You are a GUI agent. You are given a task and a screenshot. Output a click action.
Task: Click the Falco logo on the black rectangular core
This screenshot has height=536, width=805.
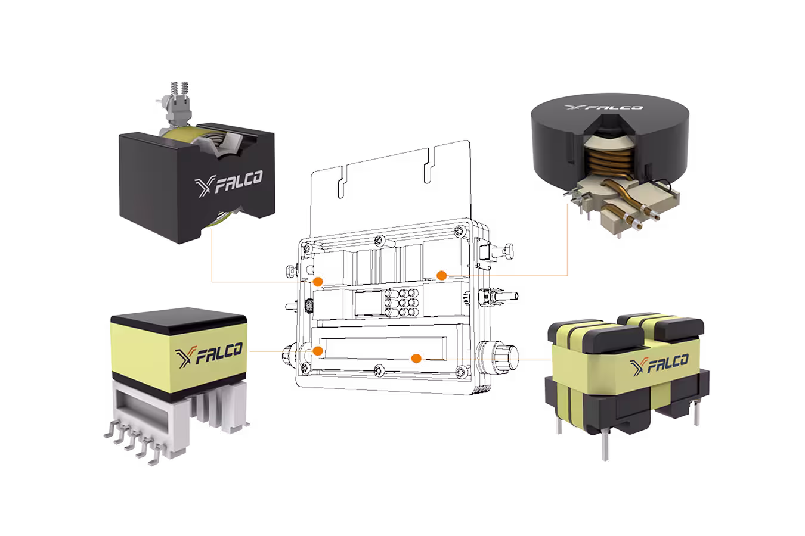pyautogui.click(x=228, y=183)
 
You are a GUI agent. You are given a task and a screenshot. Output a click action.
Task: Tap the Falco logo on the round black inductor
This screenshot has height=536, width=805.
pyautogui.click(x=603, y=107)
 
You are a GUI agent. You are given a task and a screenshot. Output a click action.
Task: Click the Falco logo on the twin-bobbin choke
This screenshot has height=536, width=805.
pyautogui.click(x=659, y=364)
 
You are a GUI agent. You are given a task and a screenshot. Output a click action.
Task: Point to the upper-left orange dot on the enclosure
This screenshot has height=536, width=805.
pyautogui.click(x=318, y=282)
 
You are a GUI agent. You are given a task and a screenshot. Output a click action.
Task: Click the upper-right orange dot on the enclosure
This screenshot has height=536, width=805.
pyautogui.click(x=442, y=275)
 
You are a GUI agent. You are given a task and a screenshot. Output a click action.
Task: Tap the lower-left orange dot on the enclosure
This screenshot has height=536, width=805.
pyautogui.click(x=318, y=351)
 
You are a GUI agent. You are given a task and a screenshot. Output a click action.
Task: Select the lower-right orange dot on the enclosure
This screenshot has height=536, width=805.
pyautogui.click(x=416, y=358)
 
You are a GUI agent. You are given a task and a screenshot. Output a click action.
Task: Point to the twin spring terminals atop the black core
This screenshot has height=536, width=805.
pyautogui.click(x=179, y=93)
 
